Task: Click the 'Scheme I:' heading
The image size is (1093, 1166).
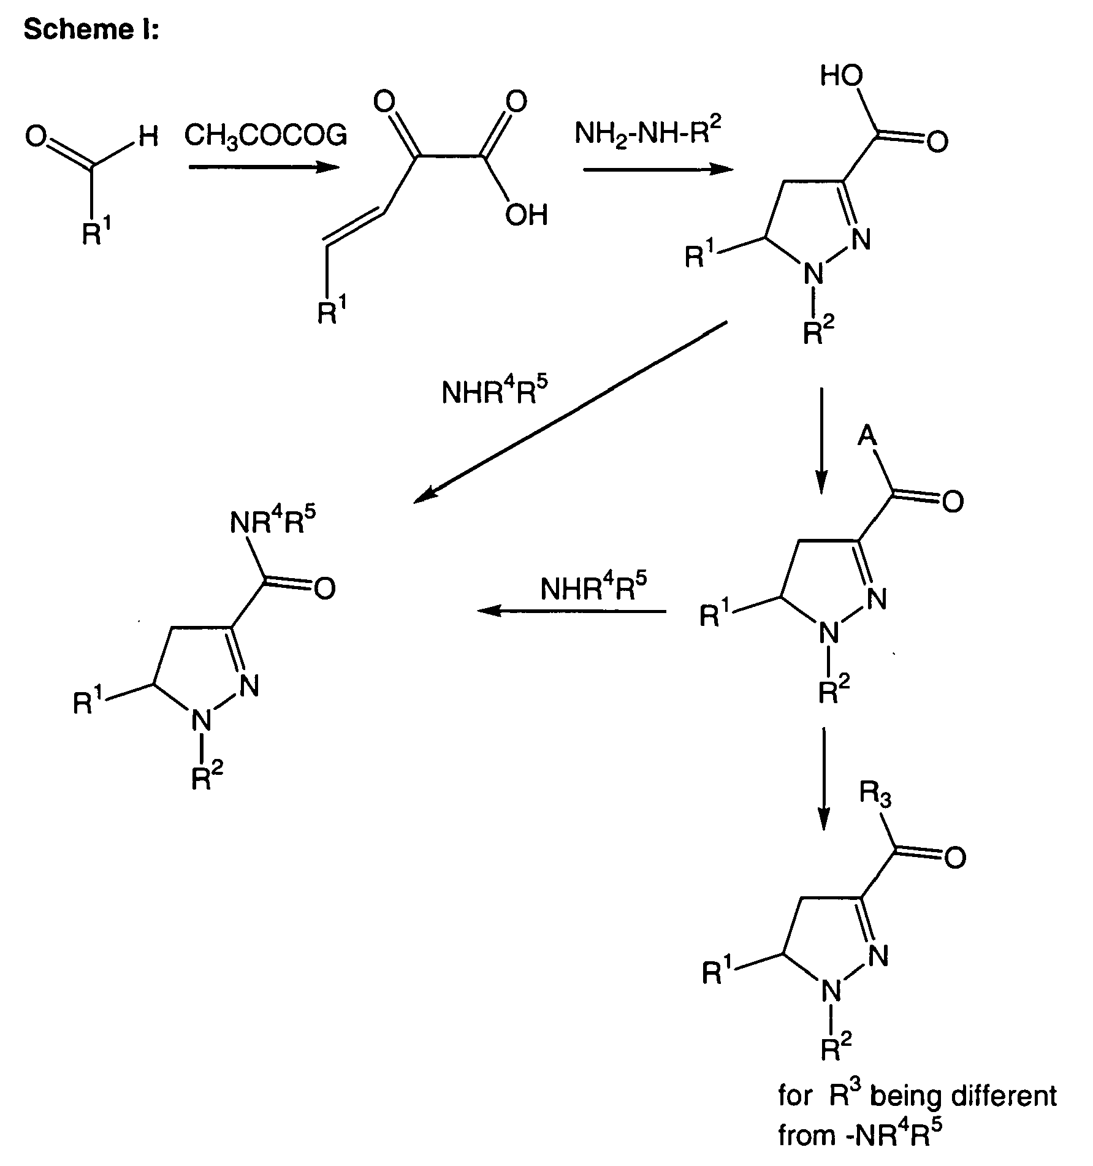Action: click(x=91, y=29)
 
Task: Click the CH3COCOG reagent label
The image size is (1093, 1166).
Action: click(x=265, y=135)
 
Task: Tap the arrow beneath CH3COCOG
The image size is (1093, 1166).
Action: click(x=264, y=167)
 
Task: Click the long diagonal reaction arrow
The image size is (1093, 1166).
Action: click(x=571, y=412)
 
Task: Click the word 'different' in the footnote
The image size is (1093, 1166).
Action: click(x=997, y=1096)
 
